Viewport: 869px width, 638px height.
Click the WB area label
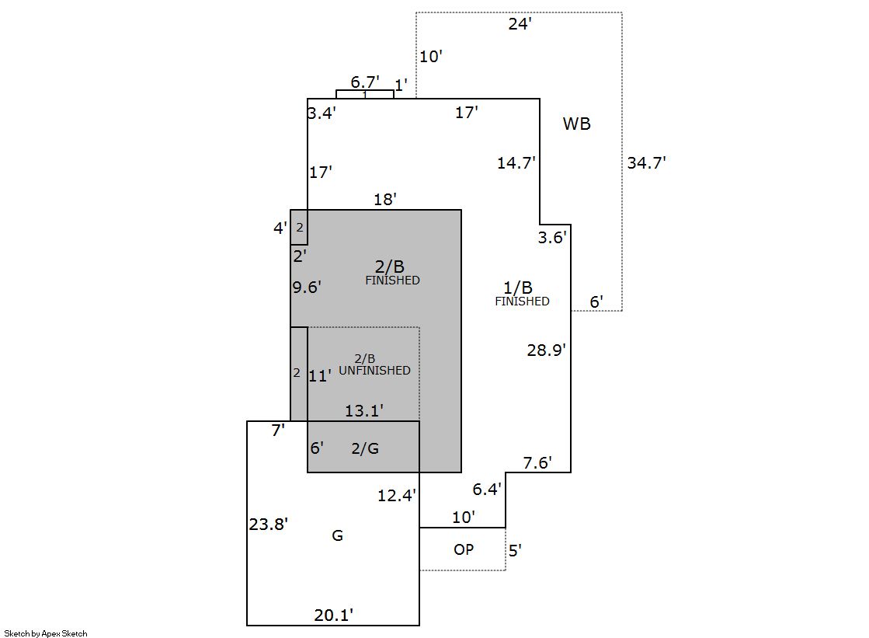(576, 124)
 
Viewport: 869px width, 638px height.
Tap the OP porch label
(464, 549)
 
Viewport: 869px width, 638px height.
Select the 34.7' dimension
(646, 163)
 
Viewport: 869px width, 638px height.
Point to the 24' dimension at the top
(520, 24)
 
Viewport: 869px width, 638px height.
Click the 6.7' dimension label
(365, 82)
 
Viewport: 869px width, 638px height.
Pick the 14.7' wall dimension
(516, 163)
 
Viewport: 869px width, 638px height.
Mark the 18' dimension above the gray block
(385, 199)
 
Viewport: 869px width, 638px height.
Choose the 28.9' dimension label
(547, 350)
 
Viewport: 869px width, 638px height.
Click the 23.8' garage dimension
(269, 524)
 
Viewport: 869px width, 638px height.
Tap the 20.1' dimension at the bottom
(334, 615)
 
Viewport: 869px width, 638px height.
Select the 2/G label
(365, 448)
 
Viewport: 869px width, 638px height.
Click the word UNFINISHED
(374, 371)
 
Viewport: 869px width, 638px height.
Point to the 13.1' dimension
(364, 410)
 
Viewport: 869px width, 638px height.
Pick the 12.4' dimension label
(397, 494)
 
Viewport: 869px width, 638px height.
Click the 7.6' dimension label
(537, 463)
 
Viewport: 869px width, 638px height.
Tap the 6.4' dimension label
(487, 489)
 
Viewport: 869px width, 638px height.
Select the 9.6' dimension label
(307, 287)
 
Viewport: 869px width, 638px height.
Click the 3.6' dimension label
(553, 238)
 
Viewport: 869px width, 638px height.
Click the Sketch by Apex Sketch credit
(46, 633)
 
